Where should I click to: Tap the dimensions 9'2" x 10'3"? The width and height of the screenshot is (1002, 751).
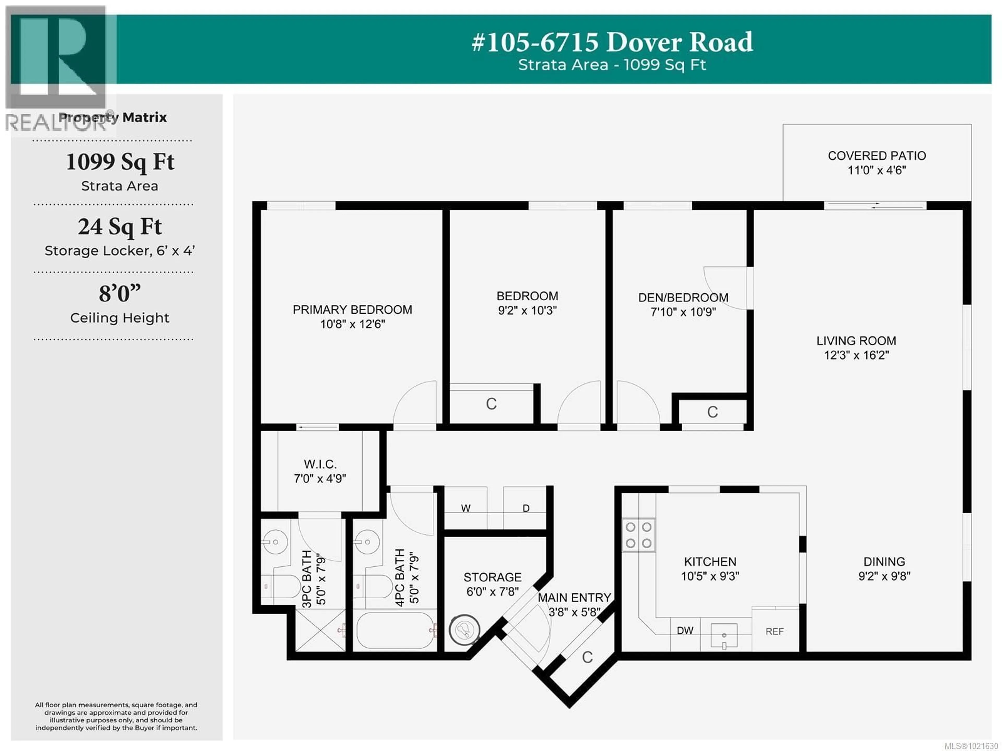click(x=527, y=311)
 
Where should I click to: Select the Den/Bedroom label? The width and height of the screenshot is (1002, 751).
click(x=683, y=297)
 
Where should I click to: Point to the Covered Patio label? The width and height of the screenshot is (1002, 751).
click(x=876, y=156)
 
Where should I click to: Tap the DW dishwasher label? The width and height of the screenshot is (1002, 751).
click(x=685, y=630)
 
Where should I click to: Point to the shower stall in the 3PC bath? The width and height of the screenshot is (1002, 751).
click(x=320, y=630)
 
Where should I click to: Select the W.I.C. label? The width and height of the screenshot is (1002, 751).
click(x=320, y=464)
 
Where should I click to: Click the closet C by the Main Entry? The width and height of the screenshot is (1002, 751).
click(x=587, y=657)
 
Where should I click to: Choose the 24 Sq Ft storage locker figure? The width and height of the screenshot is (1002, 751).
click(x=120, y=227)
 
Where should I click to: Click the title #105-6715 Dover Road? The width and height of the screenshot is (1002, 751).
click(x=612, y=42)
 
